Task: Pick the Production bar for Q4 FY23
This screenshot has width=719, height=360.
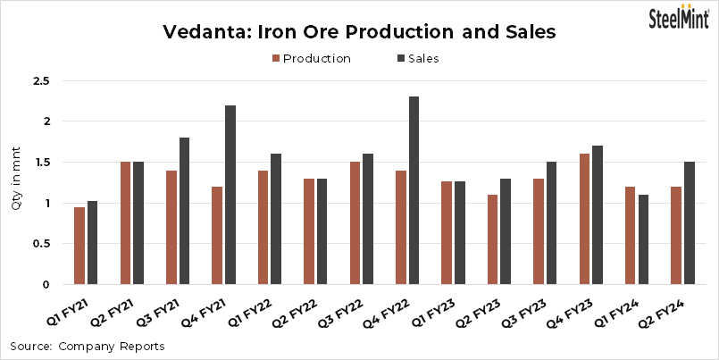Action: click(x=584, y=219)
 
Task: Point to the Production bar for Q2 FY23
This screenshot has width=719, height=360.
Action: click(x=491, y=239)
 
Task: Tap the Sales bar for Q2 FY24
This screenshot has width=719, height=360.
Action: click(x=689, y=223)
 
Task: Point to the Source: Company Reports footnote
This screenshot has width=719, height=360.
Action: click(x=87, y=346)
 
